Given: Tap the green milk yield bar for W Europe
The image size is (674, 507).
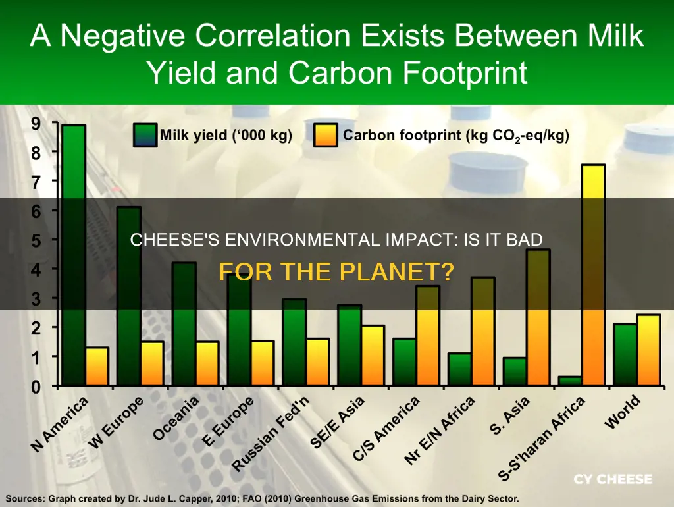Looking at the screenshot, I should tap(129, 296).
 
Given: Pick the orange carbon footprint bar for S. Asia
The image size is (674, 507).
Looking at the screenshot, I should tap(537, 317).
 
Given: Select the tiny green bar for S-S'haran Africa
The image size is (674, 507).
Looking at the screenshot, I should tap(570, 381).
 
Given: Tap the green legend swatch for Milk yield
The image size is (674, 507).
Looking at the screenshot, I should tap(145, 136).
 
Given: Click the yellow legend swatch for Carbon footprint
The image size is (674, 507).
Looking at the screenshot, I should tap(326, 136).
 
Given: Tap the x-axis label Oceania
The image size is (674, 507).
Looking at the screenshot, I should tap(173, 421).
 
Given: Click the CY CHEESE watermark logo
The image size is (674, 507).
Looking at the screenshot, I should tap(612, 479).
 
